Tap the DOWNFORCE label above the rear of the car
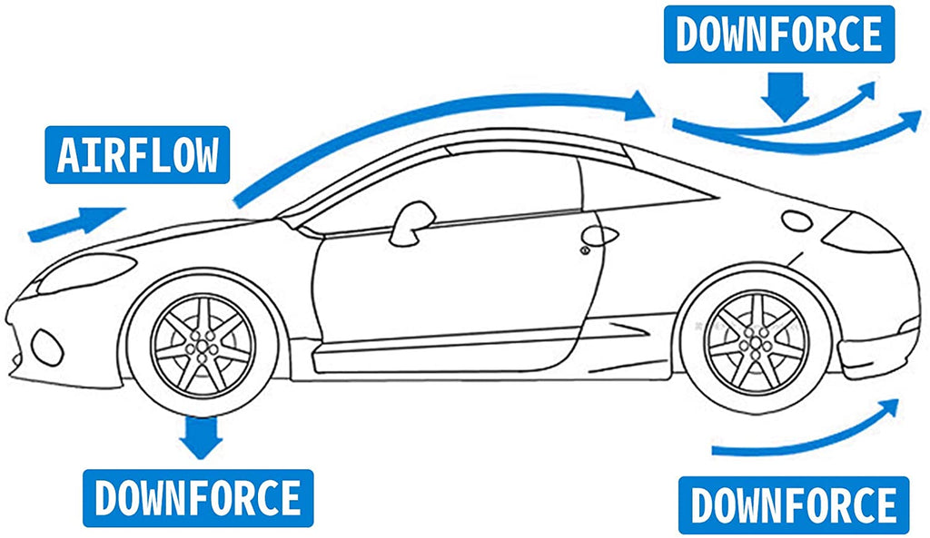(779, 34)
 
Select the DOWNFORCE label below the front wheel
(198, 498)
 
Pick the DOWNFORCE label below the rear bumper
(794, 504)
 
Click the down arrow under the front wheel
(200, 435)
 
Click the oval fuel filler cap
(798, 220)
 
